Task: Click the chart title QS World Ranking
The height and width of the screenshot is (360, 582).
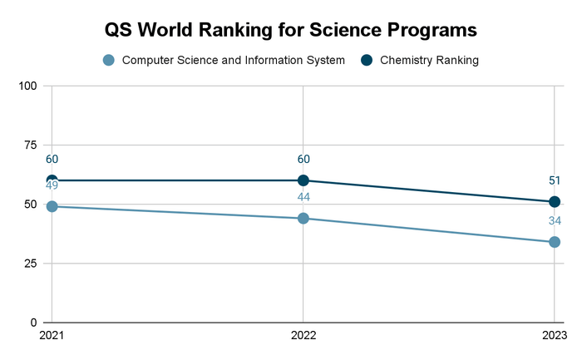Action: pos(290,29)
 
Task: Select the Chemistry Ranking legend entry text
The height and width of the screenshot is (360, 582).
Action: pos(429,60)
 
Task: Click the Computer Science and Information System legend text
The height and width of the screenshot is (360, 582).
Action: pos(233,60)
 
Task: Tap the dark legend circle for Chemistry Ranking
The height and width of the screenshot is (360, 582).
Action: pos(367,60)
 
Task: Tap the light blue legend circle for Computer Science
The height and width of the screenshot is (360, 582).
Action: pos(108,60)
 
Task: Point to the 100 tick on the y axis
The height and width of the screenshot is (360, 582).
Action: pos(27,86)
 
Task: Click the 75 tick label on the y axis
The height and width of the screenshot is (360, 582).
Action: pos(31,145)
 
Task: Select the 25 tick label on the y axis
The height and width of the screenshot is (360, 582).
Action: pos(31,264)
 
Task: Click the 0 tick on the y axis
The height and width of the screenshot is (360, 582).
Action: pos(34,323)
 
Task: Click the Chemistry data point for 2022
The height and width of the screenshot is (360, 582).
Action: pos(303,180)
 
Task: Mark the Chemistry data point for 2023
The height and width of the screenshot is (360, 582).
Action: pos(555,202)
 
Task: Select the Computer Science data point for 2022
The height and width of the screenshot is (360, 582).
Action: pos(303,219)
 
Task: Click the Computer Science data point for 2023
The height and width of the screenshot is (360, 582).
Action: pos(555,242)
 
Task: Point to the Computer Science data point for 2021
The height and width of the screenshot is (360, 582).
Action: pos(52,206)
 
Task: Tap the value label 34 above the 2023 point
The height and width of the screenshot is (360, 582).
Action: pos(555,221)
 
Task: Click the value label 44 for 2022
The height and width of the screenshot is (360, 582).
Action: pos(303,197)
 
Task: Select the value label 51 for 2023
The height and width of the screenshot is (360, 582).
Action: pos(555,180)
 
